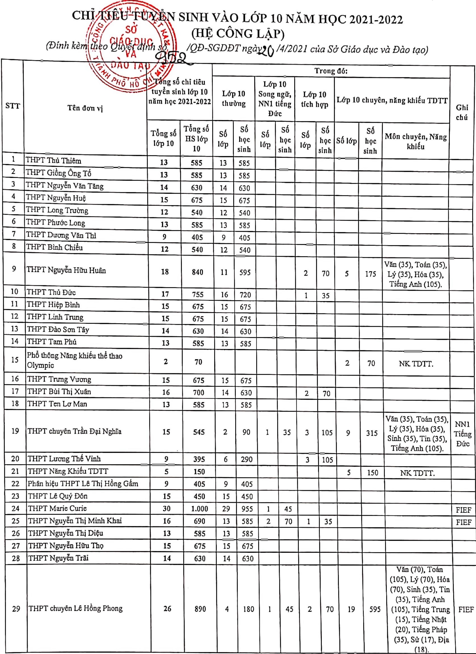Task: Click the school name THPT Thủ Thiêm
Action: tap(53, 161)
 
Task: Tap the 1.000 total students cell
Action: tap(200, 509)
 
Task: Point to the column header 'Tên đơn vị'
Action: tap(85, 108)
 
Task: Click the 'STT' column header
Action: tap(13, 106)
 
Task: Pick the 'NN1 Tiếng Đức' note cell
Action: tap(463, 434)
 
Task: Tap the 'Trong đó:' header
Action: tap(331, 71)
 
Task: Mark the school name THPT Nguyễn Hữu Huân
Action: tap(66, 271)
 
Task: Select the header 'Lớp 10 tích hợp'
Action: tap(315, 99)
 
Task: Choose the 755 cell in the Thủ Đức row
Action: tap(198, 295)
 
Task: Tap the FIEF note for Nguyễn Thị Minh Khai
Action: tap(464, 522)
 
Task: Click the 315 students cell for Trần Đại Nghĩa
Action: tap(372, 433)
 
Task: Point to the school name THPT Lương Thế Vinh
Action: tap(64, 459)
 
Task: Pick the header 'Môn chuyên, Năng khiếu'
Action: tap(416, 141)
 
